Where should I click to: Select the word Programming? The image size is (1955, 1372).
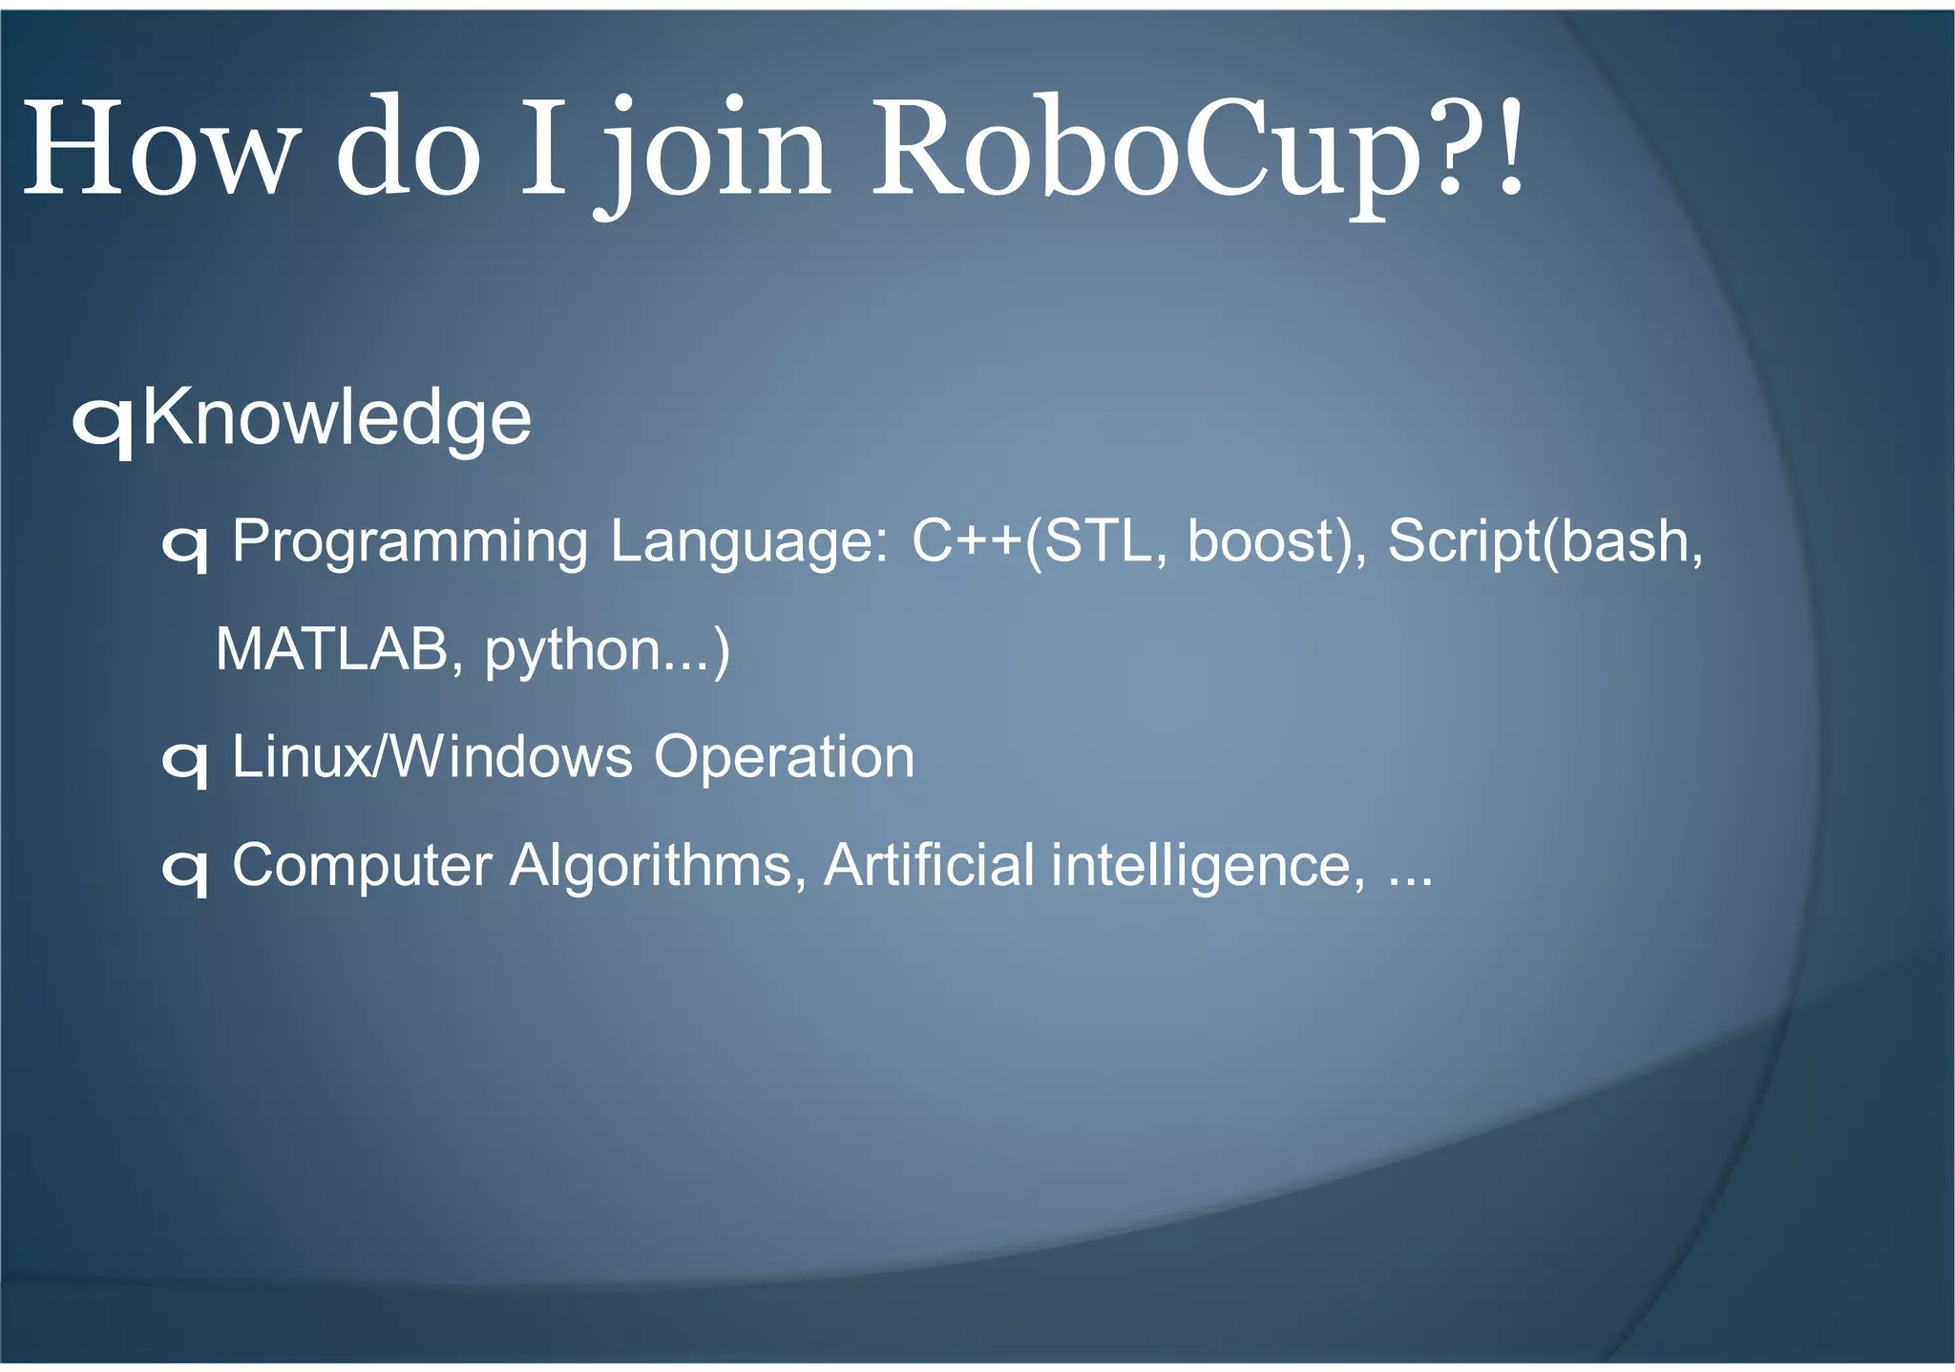point(410,543)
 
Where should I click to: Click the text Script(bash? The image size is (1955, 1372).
point(1545,541)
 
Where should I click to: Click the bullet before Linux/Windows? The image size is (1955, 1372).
point(185,763)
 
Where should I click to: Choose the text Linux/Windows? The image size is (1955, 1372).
point(431,757)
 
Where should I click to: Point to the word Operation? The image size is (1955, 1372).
point(784,758)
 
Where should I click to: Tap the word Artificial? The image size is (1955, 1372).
point(928,865)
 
